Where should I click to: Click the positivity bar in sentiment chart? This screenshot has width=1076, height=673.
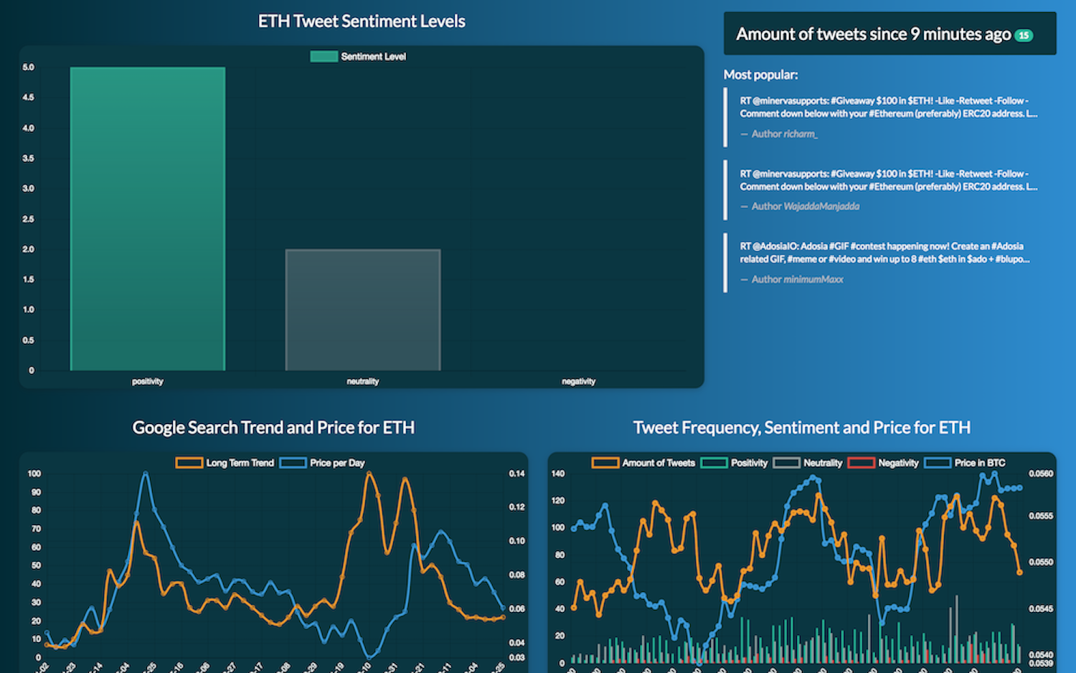coord(147,219)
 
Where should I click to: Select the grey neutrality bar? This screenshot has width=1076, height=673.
coord(362,310)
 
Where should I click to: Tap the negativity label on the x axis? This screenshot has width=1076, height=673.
coord(578,382)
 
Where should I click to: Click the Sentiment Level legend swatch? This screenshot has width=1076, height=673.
coord(324,57)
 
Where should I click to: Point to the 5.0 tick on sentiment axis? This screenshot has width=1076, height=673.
coord(28,67)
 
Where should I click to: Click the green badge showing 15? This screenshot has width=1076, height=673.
coord(1024,35)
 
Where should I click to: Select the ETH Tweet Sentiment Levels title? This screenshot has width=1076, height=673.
coord(362,22)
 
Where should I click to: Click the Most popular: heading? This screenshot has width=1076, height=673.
coord(760,75)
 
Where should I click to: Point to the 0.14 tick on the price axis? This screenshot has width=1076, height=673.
coord(516,474)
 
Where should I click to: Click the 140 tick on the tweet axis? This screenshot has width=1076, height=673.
coord(558,474)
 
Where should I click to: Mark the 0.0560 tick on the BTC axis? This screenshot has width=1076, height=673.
coord(1041,474)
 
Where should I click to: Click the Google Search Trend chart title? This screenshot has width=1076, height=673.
coord(273,428)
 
